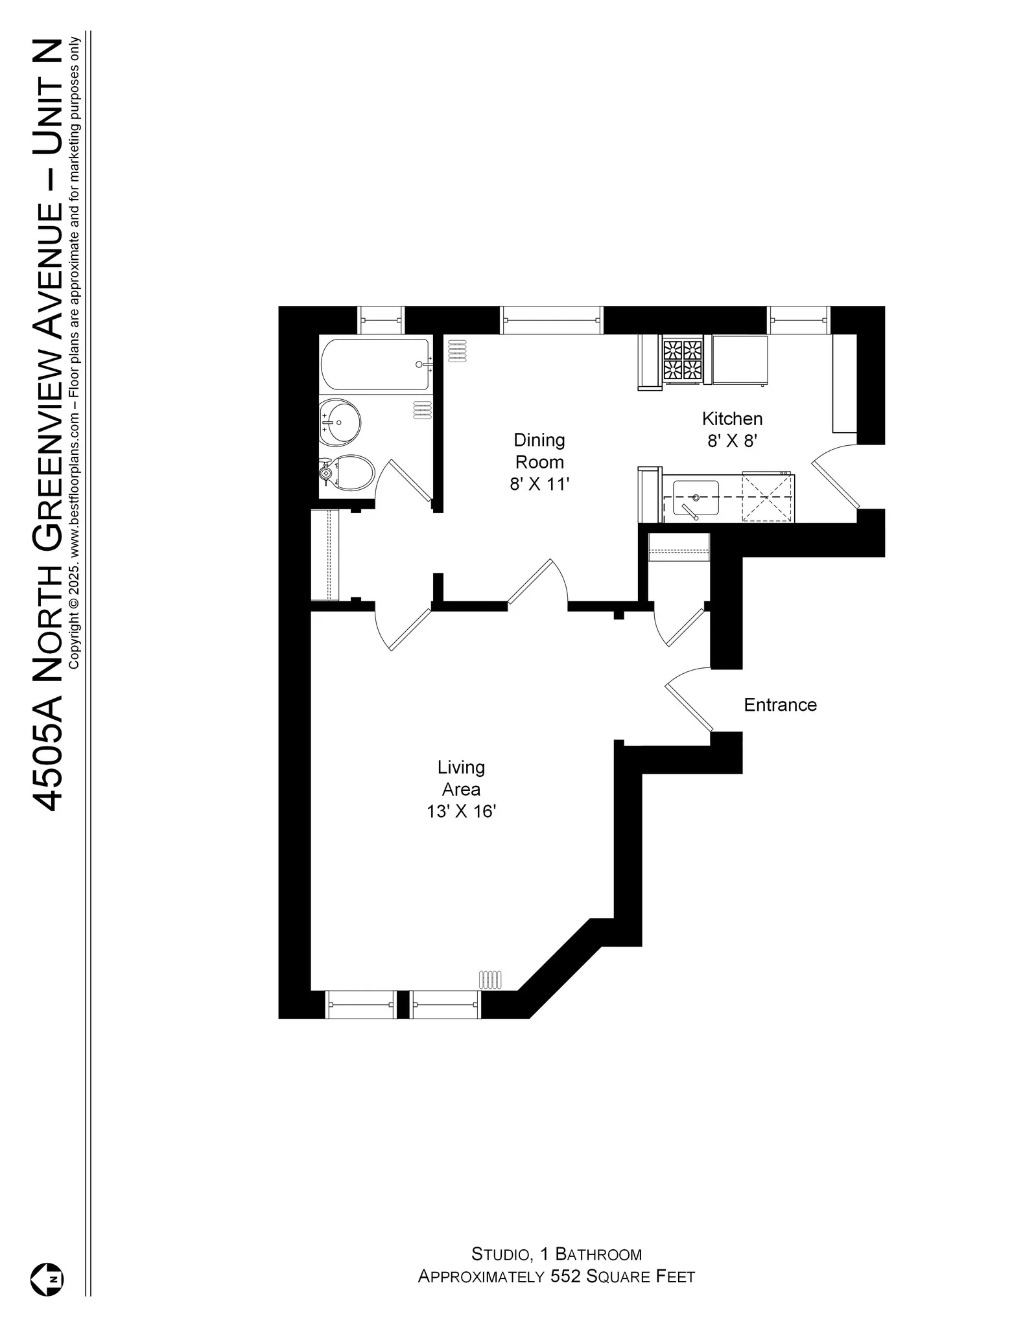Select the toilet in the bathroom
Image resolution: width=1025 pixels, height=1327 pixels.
click(350, 472)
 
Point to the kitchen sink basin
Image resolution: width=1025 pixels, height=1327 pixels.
click(696, 498)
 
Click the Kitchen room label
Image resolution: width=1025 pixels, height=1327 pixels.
click(732, 419)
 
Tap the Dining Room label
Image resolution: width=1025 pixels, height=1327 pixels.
click(539, 451)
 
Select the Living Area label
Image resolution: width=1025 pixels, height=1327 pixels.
click(461, 778)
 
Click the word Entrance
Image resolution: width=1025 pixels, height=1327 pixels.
click(780, 705)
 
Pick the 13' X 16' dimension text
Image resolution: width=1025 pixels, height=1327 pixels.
click(461, 811)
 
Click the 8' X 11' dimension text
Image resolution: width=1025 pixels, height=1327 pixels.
click(539, 484)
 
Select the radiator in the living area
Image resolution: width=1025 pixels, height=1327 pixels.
click(491, 979)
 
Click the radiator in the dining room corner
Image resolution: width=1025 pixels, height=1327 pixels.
click(456, 351)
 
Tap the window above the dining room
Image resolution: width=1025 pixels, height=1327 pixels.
click(552, 320)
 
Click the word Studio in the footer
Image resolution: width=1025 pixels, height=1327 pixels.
click(499, 1254)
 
